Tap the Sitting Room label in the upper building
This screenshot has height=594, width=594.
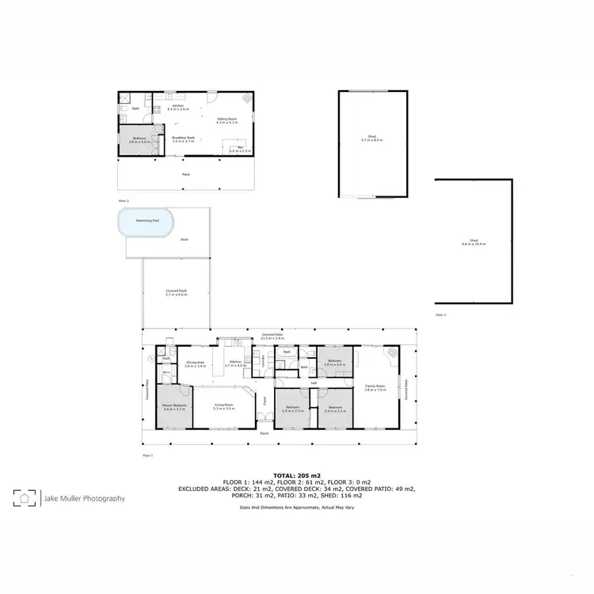point(227,121)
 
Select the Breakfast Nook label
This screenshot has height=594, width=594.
point(184,139)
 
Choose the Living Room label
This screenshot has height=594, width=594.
point(224,406)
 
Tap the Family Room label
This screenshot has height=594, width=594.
point(375,388)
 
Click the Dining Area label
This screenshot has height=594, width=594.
point(195,365)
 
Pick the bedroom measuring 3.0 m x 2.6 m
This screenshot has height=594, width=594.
point(334,363)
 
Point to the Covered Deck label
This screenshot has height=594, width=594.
point(176,292)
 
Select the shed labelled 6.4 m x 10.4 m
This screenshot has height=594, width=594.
point(474,242)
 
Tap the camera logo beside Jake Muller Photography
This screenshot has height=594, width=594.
point(25,498)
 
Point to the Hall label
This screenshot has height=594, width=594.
point(314,383)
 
